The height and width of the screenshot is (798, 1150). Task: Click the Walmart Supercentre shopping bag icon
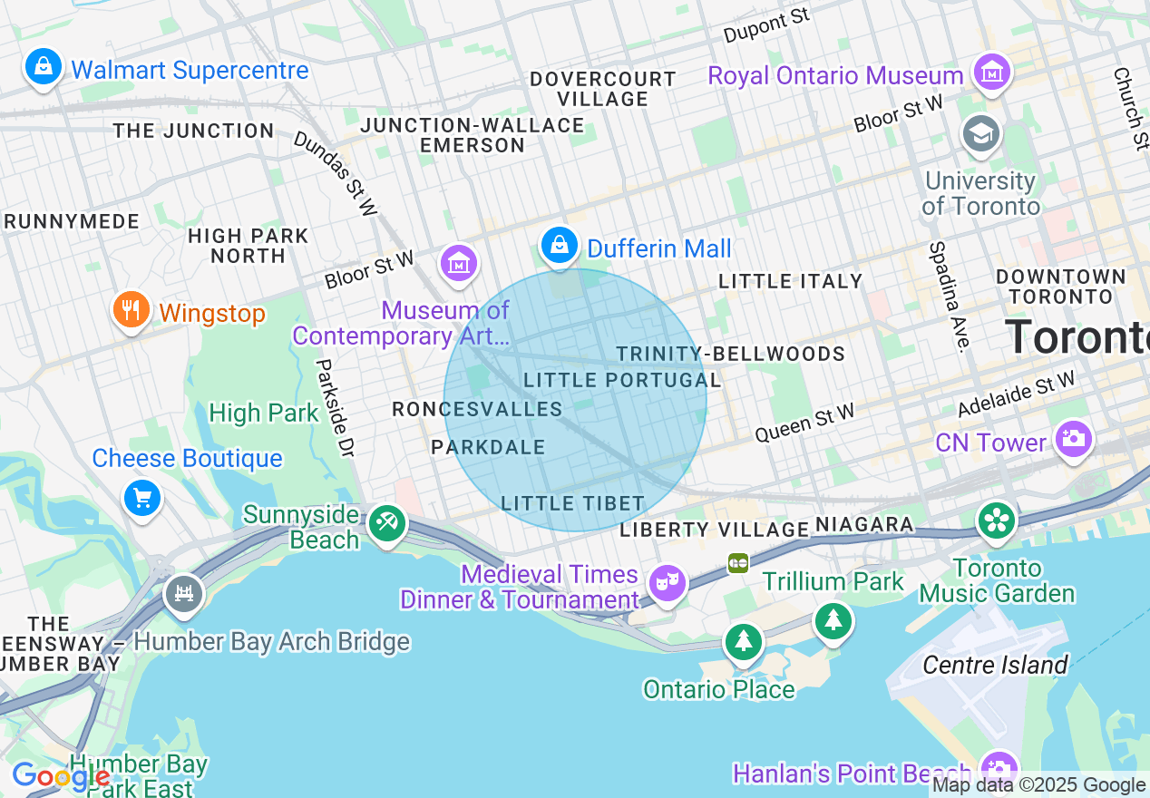click(x=43, y=66)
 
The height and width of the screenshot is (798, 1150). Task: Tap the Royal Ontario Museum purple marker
click(x=991, y=73)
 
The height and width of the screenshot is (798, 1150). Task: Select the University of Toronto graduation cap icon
click(x=980, y=134)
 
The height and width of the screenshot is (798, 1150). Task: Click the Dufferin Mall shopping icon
click(x=560, y=245)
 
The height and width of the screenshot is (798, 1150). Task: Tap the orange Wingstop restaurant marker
click(x=132, y=310)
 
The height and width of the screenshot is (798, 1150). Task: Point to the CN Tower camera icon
click(x=1073, y=439)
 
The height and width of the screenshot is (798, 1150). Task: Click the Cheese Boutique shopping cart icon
click(x=142, y=497)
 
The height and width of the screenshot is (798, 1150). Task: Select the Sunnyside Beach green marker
click(x=387, y=523)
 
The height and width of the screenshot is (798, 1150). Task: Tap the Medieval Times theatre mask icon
click(x=668, y=582)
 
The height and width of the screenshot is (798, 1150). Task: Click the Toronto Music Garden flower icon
click(x=997, y=521)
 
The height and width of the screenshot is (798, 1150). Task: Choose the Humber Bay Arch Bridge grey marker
click(x=184, y=594)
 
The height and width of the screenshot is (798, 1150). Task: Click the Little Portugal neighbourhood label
click(x=622, y=380)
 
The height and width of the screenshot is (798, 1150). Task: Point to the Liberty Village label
click(x=714, y=530)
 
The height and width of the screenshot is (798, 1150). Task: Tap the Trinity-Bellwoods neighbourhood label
click(x=730, y=354)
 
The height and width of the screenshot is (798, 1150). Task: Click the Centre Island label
click(x=995, y=666)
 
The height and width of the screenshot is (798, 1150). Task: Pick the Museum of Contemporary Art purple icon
click(x=459, y=264)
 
